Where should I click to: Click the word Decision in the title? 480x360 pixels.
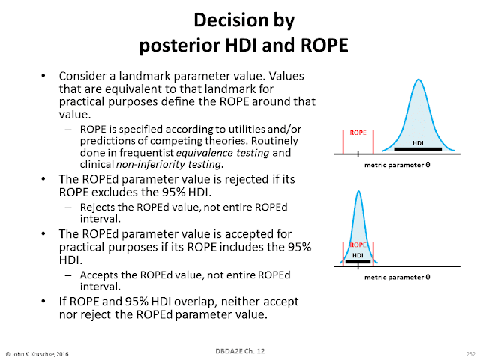pos(231,20)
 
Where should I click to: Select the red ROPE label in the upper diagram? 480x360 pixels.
pos(358,133)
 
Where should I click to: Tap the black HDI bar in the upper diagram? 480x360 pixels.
pos(418,149)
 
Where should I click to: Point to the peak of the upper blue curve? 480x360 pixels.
pos(418,79)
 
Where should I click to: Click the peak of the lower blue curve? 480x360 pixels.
pos(358,192)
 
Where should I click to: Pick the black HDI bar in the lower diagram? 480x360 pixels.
pos(358,262)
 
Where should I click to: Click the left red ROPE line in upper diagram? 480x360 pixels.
pos(343,142)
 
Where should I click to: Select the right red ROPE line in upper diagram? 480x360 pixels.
pos(373,142)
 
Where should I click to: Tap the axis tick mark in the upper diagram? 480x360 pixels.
pos(358,154)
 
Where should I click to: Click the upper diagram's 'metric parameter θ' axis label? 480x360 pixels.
pos(397,165)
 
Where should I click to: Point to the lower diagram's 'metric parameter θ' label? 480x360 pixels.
pos(397,277)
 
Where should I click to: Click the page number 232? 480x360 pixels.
pos(471,354)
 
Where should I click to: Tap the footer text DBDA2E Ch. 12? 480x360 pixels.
pos(240,351)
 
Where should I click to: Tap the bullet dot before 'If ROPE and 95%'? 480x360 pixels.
pos(43,301)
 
